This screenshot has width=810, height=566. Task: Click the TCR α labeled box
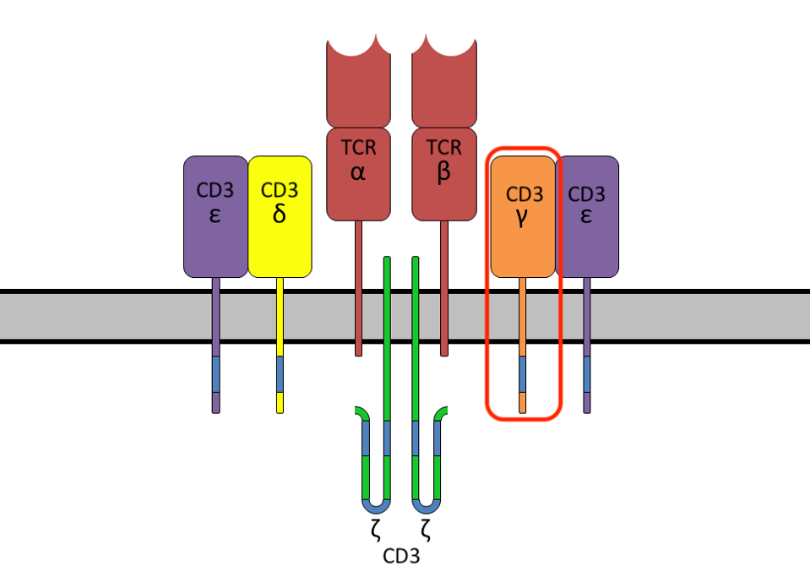pyautogui.click(x=358, y=173)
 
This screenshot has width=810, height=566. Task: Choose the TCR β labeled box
pyautogui.click(x=444, y=173)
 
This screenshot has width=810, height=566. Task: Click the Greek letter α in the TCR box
pyautogui.click(x=358, y=173)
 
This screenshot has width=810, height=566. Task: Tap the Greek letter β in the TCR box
pyautogui.click(x=444, y=173)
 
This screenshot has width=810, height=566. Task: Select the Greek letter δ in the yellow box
pyautogui.click(x=280, y=214)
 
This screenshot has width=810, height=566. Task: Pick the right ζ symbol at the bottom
pyautogui.click(x=427, y=531)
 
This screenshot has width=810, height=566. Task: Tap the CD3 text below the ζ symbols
pyautogui.click(x=401, y=556)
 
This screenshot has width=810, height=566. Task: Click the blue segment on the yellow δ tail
pyautogui.click(x=280, y=374)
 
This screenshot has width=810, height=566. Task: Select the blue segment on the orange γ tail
pyautogui.click(x=523, y=374)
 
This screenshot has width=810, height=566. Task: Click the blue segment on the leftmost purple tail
pyautogui.click(x=215, y=374)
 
